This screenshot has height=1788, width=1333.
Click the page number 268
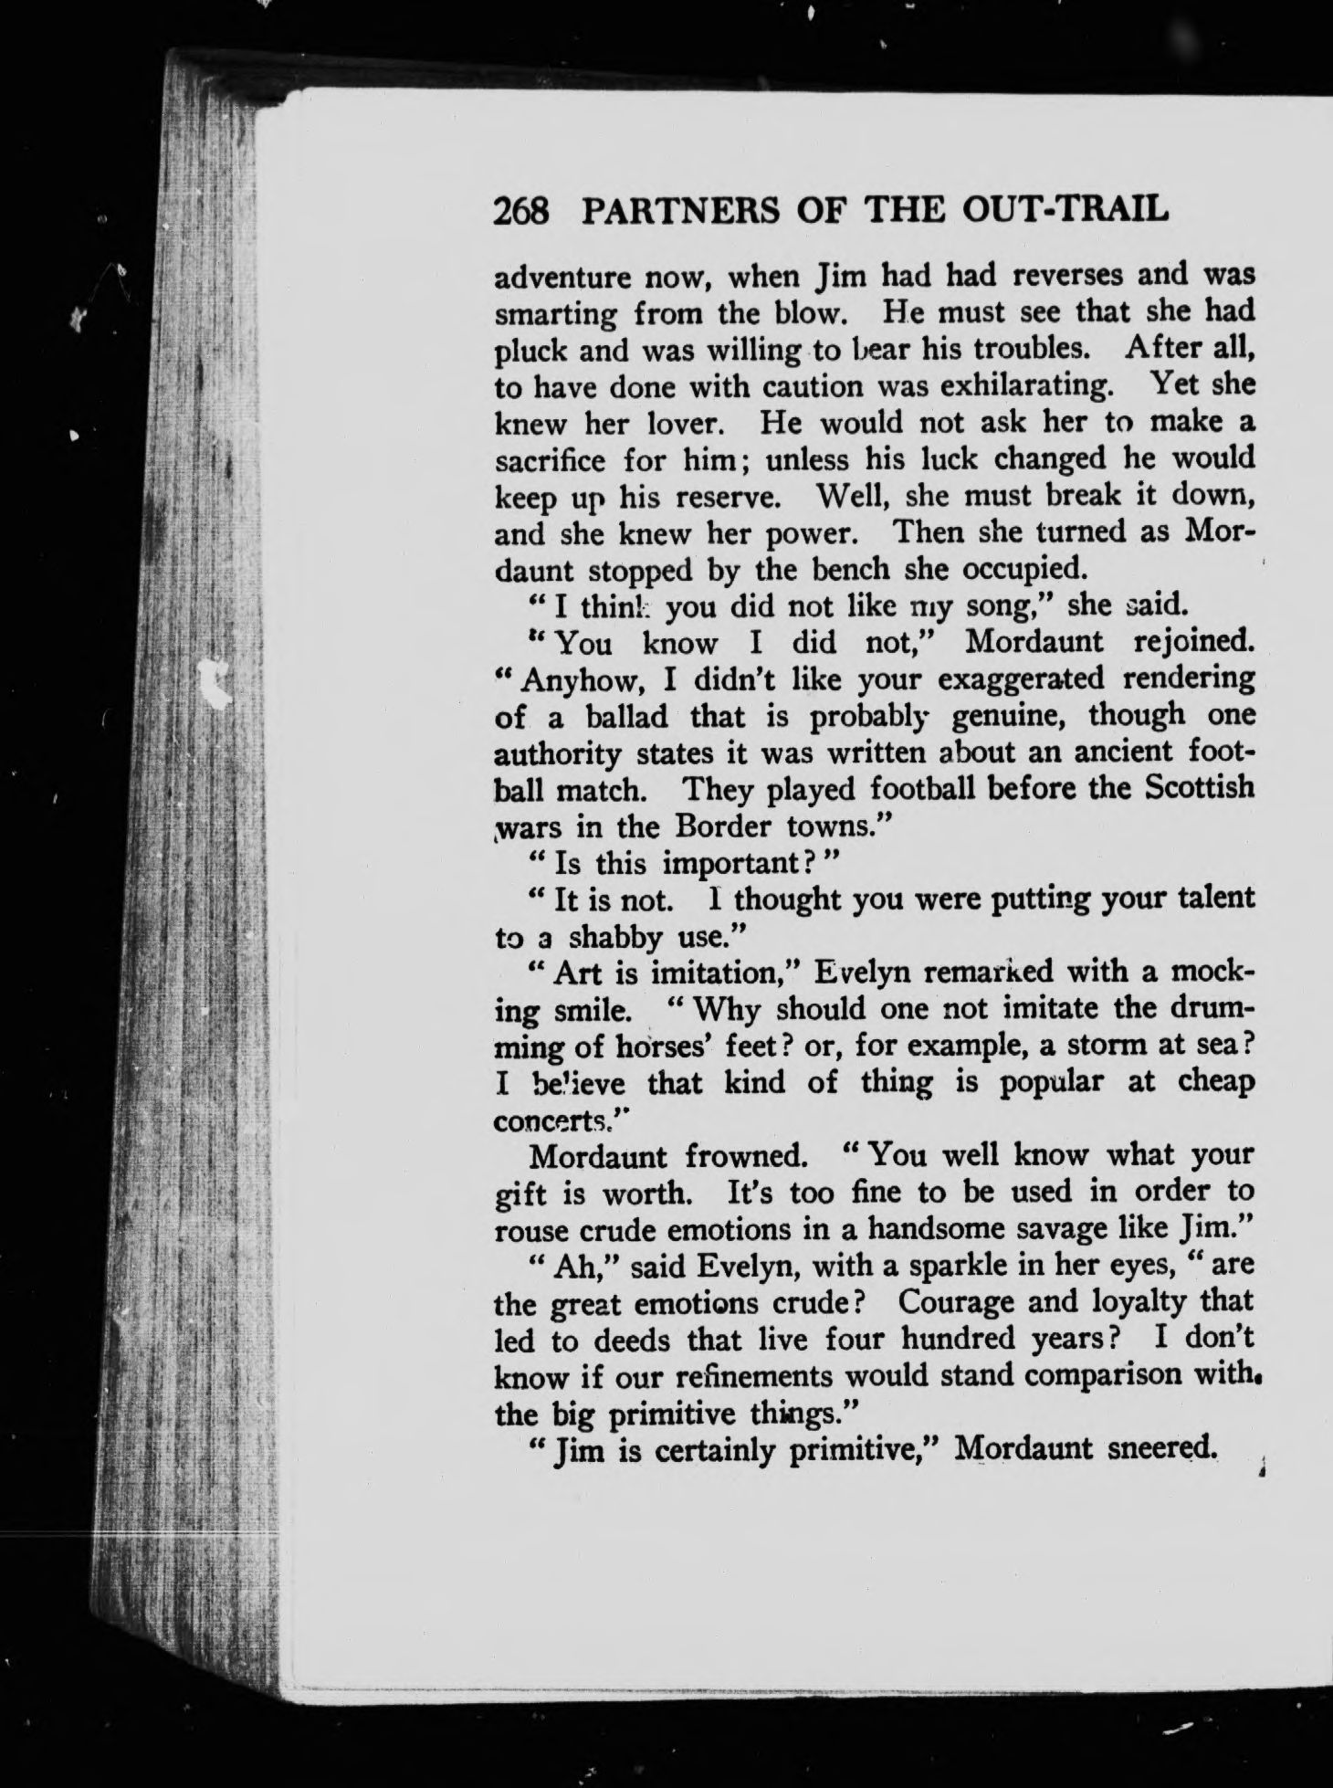[521, 212]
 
